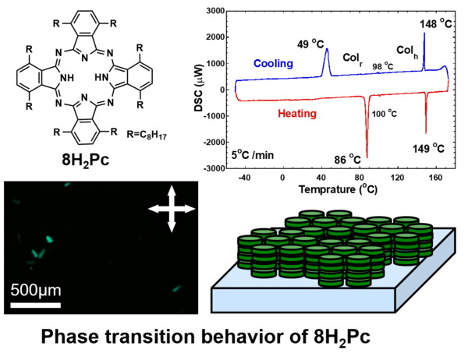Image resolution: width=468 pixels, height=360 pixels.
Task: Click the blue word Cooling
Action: (273, 63)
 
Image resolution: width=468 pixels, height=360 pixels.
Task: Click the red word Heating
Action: (297, 114)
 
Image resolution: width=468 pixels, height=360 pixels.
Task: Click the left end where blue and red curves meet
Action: (236, 91)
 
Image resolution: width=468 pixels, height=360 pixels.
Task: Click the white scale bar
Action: (35, 305)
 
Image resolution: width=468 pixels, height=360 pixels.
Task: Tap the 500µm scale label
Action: (35, 291)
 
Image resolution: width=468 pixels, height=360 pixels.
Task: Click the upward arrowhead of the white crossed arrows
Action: (172, 189)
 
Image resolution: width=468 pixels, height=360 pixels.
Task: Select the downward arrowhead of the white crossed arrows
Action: (172, 228)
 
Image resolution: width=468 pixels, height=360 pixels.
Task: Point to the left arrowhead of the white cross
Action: (153, 208)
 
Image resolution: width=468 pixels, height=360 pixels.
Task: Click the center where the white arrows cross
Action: (172, 208)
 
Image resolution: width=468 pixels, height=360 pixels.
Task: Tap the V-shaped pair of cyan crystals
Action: (38, 253)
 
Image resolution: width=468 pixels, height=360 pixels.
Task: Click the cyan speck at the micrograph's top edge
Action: (67, 185)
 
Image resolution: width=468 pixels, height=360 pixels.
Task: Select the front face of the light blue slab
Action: (303, 299)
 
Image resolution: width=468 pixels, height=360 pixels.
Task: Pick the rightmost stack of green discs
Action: (420, 240)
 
